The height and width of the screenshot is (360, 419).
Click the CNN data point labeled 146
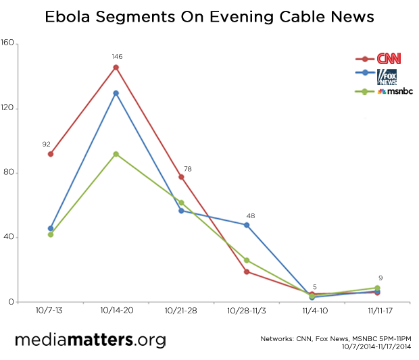pyautogui.click(x=116, y=68)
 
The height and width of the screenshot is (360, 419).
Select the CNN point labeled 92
pyautogui.click(x=51, y=154)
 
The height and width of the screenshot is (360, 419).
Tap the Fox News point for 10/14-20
pyautogui.click(x=116, y=93)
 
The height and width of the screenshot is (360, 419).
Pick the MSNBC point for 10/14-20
pyautogui.click(x=116, y=154)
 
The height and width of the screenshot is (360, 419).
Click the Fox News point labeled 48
pyautogui.click(x=247, y=224)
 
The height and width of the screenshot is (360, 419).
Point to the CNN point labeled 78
pyautogui.click(x=181, y=177)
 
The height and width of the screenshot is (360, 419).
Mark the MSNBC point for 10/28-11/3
pyautogui.click(x=247, y=260)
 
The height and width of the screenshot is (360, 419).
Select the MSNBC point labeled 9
pyautogui.click(x=377, y=288)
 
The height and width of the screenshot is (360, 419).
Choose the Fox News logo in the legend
pyautogui.click(x=387, y=74)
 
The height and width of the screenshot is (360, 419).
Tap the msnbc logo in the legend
pyautogui.click(x=391, y=91)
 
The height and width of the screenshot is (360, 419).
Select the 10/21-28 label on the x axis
pyautogui.click(x=181, y=312)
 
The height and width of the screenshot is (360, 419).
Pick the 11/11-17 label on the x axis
pyautogui.click(x=377, y=312)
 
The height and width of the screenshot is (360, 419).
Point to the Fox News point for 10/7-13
pyautogui.click(x=51, y=228)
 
